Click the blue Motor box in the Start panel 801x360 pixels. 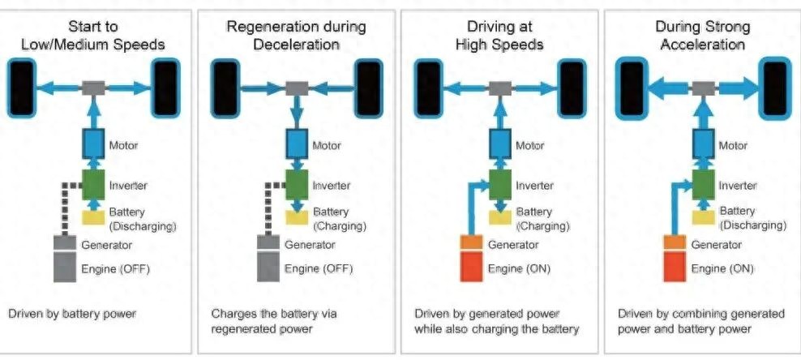96,145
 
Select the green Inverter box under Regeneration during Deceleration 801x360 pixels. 298,184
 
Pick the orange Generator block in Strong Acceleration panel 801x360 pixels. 675,242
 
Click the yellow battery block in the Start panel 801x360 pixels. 96,216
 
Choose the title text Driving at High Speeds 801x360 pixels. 499,36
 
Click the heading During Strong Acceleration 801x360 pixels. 702,36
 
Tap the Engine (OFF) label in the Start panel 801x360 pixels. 116,267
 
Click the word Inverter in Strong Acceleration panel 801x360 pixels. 739,185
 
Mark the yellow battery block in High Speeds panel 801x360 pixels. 501,216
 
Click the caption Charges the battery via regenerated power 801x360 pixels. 274,320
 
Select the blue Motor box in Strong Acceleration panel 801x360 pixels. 704,145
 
